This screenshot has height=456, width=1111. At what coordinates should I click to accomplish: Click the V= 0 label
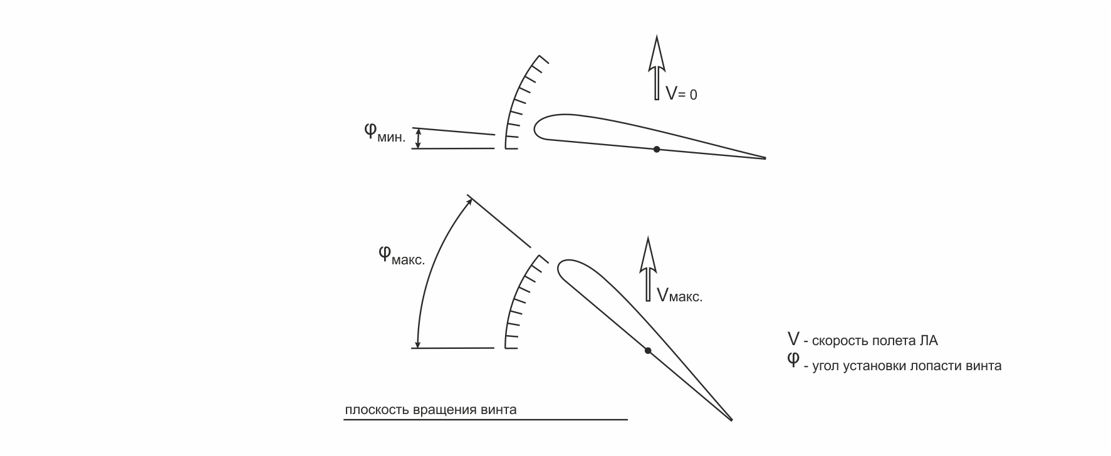coord(681,94)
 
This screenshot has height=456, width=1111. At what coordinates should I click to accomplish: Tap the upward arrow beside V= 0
coord(657,68)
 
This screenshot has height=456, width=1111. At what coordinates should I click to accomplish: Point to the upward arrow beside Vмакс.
coord(648,269)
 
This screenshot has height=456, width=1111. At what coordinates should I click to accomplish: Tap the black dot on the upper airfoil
coord(656,149)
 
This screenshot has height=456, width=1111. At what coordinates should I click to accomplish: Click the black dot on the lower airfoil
coord(648,350)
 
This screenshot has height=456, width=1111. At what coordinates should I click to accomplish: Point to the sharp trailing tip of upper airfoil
coord(764,158)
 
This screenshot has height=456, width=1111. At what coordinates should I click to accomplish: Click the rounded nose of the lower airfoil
coord(560,269)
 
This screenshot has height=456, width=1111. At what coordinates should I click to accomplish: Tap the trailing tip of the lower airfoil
coord(731,419)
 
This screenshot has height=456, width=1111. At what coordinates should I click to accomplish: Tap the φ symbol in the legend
coord(793,360)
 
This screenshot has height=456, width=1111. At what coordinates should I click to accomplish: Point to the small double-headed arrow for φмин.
coord(419,138)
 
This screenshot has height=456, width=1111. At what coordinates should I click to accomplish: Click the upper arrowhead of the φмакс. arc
coord(469,201)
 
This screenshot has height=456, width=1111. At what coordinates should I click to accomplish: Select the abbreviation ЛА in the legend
coord(929,341)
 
